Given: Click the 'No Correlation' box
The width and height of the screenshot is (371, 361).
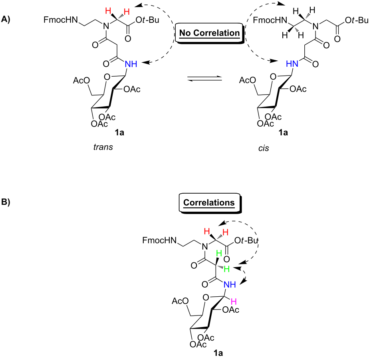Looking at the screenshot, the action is click(210, 33).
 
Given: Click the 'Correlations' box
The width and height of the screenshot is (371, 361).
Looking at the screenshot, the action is click(210, 203).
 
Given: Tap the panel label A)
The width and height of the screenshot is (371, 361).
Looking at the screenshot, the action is click(6, 19).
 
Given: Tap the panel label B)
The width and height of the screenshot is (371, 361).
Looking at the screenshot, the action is click(6, 202).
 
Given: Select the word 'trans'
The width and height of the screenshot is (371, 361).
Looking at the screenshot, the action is click(103, 147).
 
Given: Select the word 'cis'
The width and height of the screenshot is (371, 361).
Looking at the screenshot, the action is click(264, 148).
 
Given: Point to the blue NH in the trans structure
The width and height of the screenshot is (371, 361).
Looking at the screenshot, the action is click(131, 64).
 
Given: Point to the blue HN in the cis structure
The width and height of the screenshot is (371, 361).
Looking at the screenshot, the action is click(292, 63).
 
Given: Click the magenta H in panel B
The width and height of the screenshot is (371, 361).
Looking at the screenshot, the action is click(234, 301).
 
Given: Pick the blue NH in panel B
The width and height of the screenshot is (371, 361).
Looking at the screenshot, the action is click(230, 285).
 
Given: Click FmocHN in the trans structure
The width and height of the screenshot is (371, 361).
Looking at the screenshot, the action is click(61, 20).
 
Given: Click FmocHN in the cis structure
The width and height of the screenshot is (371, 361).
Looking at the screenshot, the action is click(270, 20).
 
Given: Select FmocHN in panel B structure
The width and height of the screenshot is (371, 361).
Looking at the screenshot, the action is click(159, 240).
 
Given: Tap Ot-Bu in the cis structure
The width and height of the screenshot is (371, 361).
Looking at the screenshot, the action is click(357, 20).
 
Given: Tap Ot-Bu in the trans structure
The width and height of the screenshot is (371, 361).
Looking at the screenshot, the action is click(147, 20).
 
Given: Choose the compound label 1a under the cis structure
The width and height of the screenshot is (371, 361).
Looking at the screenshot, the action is click(283, 133).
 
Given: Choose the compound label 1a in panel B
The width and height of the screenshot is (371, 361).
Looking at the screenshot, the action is click(218, 353).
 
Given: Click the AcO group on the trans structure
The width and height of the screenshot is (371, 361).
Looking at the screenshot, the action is click(81, 80).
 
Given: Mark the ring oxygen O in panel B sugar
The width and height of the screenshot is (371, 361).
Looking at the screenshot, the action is click(206, 298).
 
